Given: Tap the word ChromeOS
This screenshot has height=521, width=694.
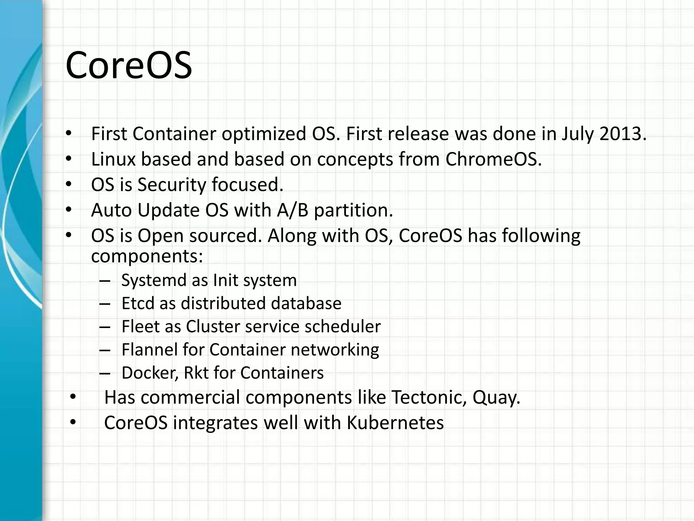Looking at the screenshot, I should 493,159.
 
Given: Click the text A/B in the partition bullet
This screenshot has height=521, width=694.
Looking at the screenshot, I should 292,210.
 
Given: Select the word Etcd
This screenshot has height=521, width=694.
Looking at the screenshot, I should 138,303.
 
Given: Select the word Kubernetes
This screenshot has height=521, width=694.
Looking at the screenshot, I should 395,423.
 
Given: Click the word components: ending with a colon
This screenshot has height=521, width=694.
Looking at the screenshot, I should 147,256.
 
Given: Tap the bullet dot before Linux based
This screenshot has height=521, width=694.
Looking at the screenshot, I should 69,159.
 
